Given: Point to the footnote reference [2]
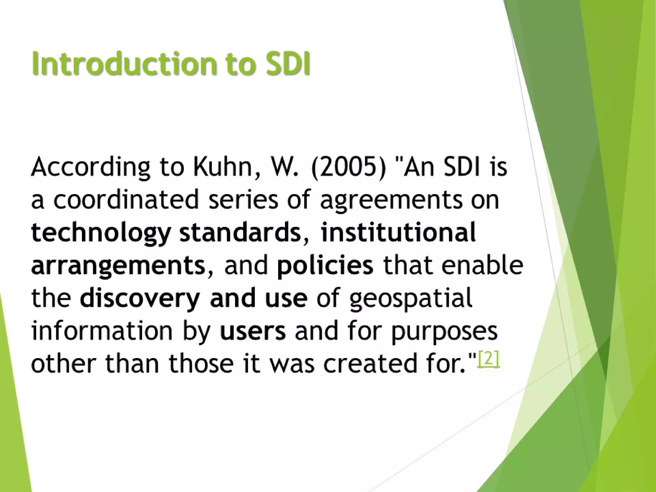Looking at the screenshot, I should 488,361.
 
